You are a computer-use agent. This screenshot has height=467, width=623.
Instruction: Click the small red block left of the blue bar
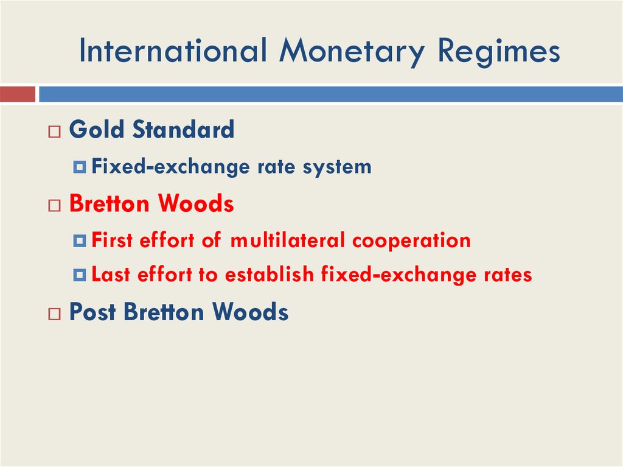pyautogui.click(x=18, y=94)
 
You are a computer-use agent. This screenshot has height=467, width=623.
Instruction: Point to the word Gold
pyautogui.click(x=97, y=130)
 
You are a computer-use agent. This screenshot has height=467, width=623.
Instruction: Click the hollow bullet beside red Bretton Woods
pyautogui.click(x=55, y=206)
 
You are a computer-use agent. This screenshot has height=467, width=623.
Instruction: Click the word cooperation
pyautogui.click(x=411, y=241)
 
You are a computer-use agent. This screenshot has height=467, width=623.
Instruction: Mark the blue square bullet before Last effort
pyautogui.click(x=80, y=276)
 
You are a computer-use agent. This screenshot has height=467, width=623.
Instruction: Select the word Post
pyautogui.click(x=93, y=312)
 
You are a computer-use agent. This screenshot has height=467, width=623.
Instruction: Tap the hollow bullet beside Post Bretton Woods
pyautogui.click(x=55, y=314)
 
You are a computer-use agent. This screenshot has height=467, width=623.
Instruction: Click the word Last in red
pyautogui.click(x=111, y=275)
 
